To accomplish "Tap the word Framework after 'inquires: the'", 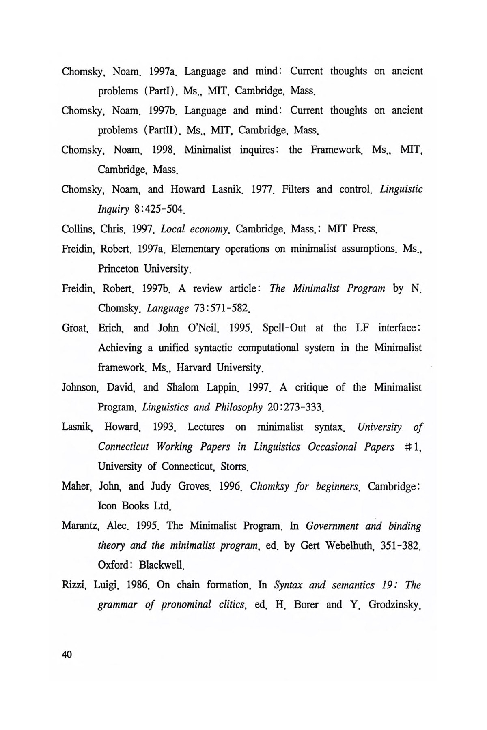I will pyautogui.click(x=336, y=150).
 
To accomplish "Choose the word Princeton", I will pyautogui.click(x=118, y=269).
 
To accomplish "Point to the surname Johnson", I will pyautogui.click(x=81, y=388).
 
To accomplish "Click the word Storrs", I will pyautogui.click(x=234, y=466).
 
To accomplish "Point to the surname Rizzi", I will pyautogui.click(x=74, y=585).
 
